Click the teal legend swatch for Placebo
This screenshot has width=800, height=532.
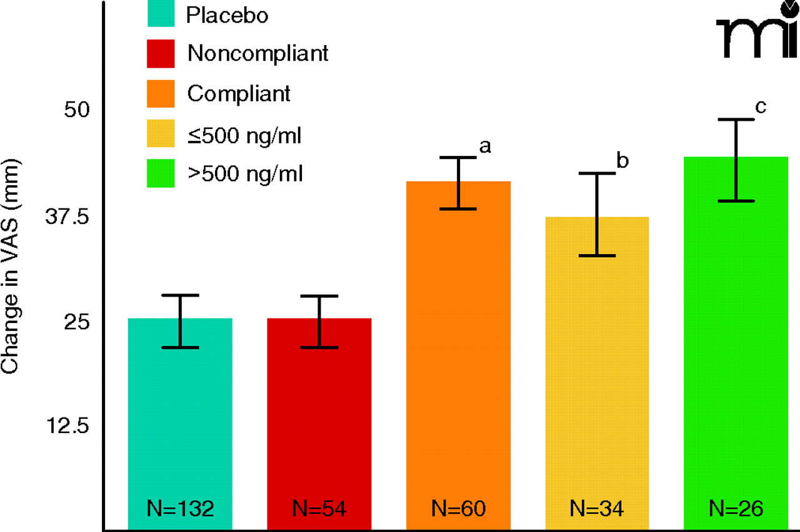click(x=161, y=14)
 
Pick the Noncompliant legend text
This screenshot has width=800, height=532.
click(x=257, y=54)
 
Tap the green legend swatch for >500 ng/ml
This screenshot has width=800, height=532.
click(x=161, y=173)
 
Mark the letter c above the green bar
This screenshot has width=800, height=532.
click(x=761, y=106)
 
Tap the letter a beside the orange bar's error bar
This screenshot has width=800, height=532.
click(x=484, y=146)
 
